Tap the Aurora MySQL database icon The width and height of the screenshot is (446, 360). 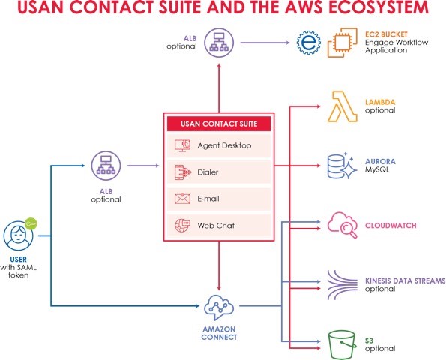tap(342, 166)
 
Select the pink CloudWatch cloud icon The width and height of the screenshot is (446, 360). tap(343, 225)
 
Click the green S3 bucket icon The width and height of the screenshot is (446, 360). tap(342, 345)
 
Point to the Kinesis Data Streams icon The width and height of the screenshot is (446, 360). tap(342, 284)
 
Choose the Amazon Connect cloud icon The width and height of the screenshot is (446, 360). tap(219, 307)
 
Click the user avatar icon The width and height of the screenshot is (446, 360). tap(18, 235)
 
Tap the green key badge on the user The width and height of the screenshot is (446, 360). tap(31, 224)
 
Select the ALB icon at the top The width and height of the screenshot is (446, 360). tap(219, 43)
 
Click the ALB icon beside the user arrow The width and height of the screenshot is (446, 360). tap(106, 166)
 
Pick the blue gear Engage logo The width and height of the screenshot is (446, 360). tap(309, 43)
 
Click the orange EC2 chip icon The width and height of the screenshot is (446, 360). tap(342, 43)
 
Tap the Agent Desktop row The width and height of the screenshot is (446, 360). tap(219, 145)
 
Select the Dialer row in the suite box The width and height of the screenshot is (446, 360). tap(219, 172)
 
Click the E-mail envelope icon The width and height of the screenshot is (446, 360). tap(182, 199)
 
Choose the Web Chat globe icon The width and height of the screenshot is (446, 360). tap(182, 226)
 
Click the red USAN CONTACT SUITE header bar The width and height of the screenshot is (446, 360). tap(219, 124)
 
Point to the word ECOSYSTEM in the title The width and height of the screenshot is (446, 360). tap(379, 7)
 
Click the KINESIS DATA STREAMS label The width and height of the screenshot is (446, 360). tap(405, 280)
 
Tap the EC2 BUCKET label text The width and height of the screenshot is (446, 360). tap(386, 34)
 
